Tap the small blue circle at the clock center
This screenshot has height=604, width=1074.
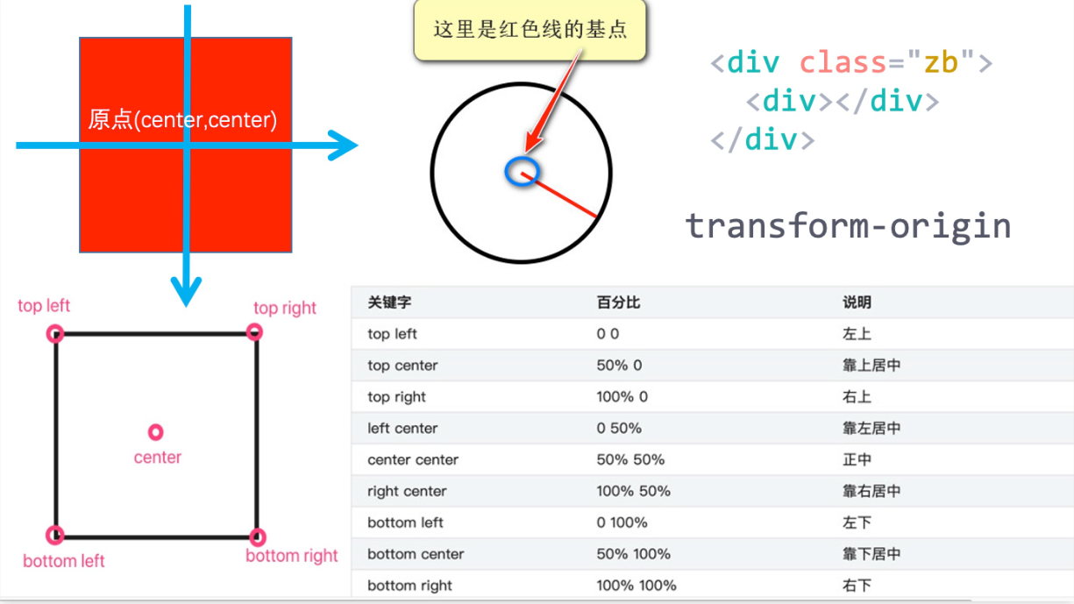tap(522, 171)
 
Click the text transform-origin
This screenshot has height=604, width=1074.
tap(848, 225)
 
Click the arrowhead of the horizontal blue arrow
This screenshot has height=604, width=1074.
tap(345, 146)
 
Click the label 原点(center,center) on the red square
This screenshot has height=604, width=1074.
tap(182, 120)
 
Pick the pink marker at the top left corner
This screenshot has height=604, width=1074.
tap(55, 333)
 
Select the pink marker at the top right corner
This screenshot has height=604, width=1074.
tap(254, 331)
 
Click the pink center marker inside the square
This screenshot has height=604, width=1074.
tap(156, 432)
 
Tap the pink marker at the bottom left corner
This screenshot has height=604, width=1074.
tap(55, 535)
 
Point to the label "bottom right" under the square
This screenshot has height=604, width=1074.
tap(291, 556)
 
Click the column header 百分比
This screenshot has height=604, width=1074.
tap(618, 302)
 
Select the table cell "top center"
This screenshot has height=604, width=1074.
tap(402, 366)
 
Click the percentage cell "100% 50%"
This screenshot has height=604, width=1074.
tap(633, 491)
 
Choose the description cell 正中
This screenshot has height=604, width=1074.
tap(857, 459)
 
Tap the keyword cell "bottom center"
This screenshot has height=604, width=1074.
tap(416, 554)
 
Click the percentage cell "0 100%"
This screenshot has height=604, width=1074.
tap(622, 522)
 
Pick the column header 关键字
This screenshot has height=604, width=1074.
tap(389, 302)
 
